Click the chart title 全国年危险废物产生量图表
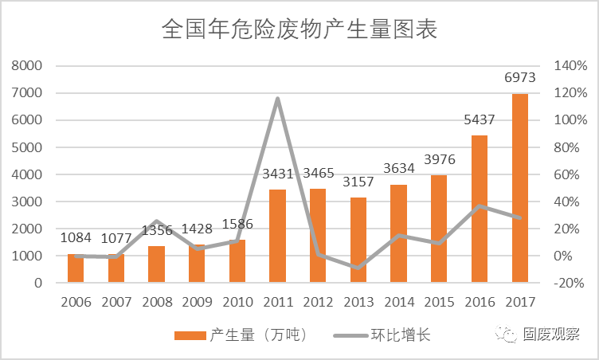pyautogui.click(x=299, y=29)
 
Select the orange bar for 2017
pyautogui.click(x=520, y=188)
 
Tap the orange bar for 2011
pyautogui.click(x=277, y=236)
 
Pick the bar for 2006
pyautogui.click(x=76, y=268)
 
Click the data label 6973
pyautogui.click(x=520, y=78)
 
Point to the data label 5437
pyautogui.click(x=480, y=119)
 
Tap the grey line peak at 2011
pyautogui.click(x=277, y=99)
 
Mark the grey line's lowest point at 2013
pyautogui.click(x=358, y=268)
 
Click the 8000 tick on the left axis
pyautogui.click(x=29, y=66)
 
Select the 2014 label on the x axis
pyautogui.click(x=399, y=303)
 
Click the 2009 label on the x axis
pyautogui.click(x=197, y=303)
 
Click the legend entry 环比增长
pyautogui.click(x=399, y=335)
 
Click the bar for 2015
pyautogui.click(x=439, y=229)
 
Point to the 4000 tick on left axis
pyautogui.click(x=29, y=174)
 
